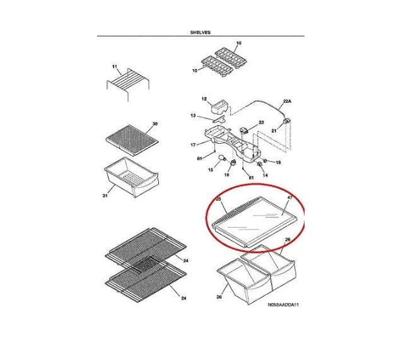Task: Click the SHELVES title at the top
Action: click(201, 32)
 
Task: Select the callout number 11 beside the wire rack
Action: click(115, 67)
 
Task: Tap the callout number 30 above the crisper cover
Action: click(155, 124)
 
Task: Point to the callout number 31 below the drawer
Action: click(105, 195)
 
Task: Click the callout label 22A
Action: click(287, 102)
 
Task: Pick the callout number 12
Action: click(204, 99)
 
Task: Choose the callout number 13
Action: click(193, 115)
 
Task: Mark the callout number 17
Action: click(193, 145)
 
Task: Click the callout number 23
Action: click(261, 122)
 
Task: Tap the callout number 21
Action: click(274, 131)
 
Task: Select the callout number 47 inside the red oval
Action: click(289, 198)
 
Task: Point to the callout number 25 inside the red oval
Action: click(219, 199)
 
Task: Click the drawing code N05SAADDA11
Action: click(283, 305)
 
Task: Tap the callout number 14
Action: click(265, 175)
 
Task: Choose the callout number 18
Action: click(278, 162)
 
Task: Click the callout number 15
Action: click(211, 170)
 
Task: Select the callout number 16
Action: click(226, 175)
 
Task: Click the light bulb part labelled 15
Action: click(222, 158)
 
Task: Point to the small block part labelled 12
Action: click(218, 107)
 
